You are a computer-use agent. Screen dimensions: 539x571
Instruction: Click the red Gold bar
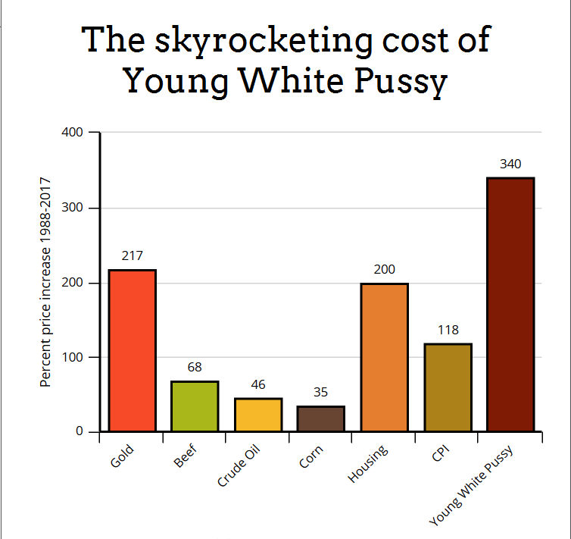tap(133, 350)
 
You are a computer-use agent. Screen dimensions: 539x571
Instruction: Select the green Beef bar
tap(195, 406)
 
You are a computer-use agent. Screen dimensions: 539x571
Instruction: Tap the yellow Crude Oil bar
tap(258, 415)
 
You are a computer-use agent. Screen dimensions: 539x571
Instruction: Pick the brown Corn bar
tap(321, 418)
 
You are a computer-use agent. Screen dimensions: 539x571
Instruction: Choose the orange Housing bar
tap(384, 357)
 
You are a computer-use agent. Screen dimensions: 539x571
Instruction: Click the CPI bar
tap(448, 387)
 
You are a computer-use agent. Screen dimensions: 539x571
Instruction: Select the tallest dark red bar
tap(510, 305)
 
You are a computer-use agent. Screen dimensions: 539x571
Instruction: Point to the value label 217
tap(133, 256)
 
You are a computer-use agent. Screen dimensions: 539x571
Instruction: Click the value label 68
tap(195, 368)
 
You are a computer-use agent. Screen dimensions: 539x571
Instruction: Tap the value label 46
tap(258, 384)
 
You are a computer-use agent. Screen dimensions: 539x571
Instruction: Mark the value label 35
tap(321, 393)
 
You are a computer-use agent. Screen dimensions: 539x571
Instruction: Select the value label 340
tap(510, 164)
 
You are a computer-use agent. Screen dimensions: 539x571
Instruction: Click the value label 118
tap(448, 331)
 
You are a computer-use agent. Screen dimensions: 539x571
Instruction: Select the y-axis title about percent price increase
tap(45, 282)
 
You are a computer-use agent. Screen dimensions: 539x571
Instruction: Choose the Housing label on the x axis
tap(368, 462)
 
